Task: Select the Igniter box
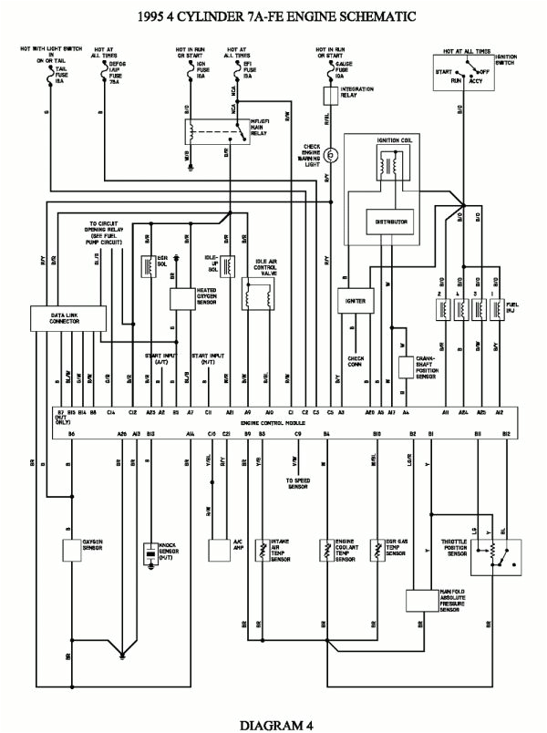coord(355,300)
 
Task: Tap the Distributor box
coord(391,222)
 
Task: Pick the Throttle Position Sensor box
coord(494,554)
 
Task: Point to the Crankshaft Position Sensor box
coord(406,367)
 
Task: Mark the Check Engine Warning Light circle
coord(333,156)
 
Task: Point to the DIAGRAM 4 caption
coord(273,723)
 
